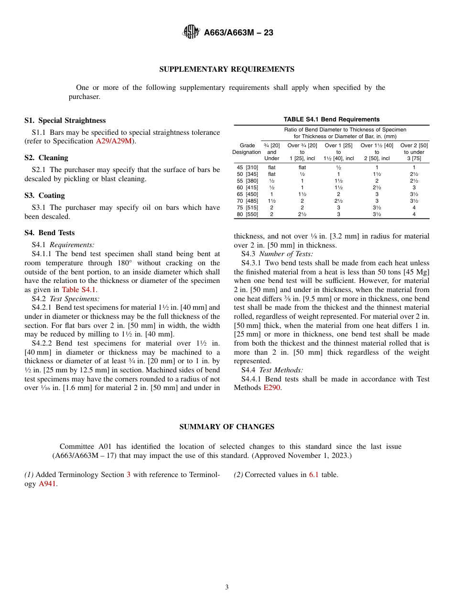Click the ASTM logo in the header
click(191, 33)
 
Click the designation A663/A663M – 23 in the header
click(238, 33)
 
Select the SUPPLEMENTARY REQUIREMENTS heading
click(227, 69)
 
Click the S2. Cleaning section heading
click(46, 158)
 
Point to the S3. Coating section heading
click(44, 195)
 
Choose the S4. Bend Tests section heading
click(50, 233)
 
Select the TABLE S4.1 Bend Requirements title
click(331, 119)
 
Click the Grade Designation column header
click(247, 149)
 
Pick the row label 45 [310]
click(247, 167)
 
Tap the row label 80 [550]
click(247, 214)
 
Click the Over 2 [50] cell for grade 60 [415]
click(414, 187)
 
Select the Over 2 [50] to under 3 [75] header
click(414, 152)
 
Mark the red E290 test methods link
click(272, 388)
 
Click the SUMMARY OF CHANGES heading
click(227, 427)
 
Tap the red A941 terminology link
click(47, 484)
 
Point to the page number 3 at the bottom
click(227, 587)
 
